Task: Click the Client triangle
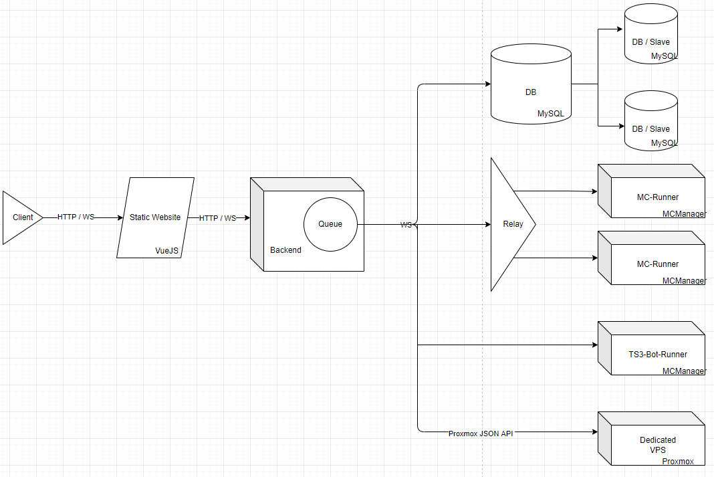tap(20, 217)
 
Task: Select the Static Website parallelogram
tap(155, 217)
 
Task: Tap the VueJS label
tap(166, 250)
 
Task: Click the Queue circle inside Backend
tap(330, 224)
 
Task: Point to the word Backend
tap(285, 250)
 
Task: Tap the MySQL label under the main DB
tap(551, 114)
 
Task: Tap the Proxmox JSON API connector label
tap(481, 433)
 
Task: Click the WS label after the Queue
tap(406, 225)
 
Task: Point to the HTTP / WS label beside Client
tap(76, 217)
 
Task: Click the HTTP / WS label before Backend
tap(217, 218)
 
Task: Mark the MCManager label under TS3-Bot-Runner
tap(683, 371)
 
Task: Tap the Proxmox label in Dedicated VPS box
tap(678, 462)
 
